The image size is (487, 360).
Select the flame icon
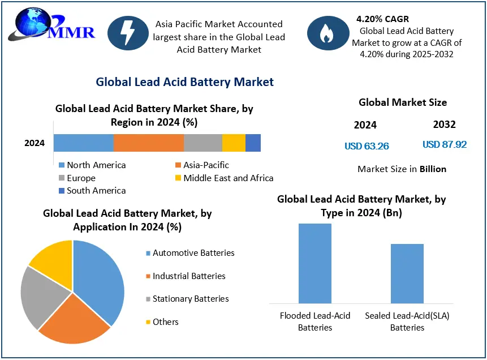click(327, 35)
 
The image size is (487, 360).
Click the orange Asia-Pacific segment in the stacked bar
click(149, 143)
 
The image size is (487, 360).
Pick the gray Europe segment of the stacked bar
click(202, 143)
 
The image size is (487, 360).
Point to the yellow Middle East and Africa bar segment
click(234, 143)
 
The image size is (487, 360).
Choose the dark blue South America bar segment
click(253, 143)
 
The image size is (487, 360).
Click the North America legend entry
click(92, 165)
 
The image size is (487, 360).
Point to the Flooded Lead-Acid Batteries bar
click(315, 263)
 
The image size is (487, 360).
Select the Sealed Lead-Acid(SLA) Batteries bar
click(407, 273)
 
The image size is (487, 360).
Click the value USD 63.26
click(367, 146)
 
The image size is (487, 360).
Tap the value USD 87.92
click(445, 145)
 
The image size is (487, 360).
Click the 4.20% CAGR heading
click(382, 19)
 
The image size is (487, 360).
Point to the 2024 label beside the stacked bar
click(35, 143)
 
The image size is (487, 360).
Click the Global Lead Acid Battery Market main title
click(184, 82)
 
